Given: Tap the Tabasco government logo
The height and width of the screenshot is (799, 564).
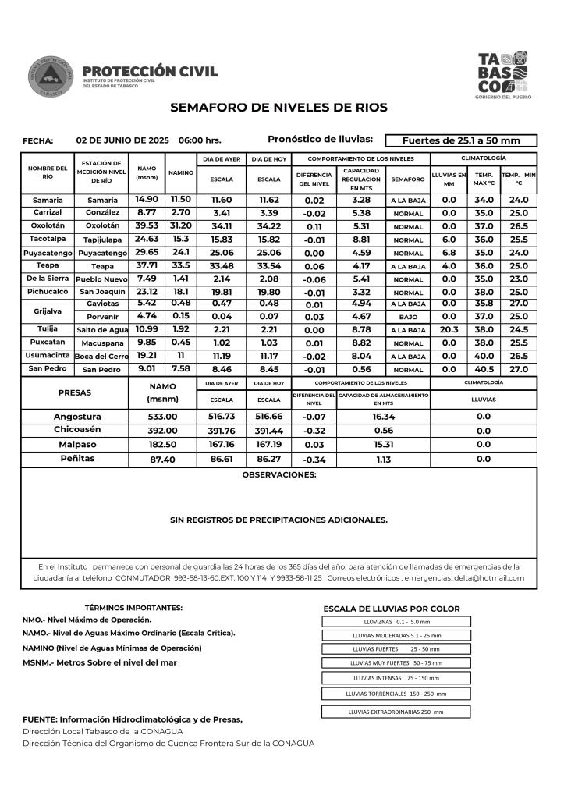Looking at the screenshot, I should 503,74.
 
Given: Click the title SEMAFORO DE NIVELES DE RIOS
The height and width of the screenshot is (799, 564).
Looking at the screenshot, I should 278,108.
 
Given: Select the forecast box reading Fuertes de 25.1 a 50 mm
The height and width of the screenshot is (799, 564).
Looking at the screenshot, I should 461,140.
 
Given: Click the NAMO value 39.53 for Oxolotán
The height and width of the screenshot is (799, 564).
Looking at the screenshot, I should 147,226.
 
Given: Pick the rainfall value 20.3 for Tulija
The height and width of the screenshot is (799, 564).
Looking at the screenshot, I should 449,330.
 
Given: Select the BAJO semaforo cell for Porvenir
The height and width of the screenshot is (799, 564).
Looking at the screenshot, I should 408,318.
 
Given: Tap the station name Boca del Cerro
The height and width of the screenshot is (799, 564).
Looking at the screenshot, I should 101,357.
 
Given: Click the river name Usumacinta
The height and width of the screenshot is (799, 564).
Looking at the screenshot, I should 48,356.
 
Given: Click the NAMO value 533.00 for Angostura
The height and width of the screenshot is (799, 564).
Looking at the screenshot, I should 163,417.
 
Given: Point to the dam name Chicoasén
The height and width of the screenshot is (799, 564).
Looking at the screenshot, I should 77,430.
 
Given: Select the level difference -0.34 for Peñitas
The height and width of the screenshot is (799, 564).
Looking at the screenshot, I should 314,460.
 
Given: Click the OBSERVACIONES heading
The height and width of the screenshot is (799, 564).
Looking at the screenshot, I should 279,474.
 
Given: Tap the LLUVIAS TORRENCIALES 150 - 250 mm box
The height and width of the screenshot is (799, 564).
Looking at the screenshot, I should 396,693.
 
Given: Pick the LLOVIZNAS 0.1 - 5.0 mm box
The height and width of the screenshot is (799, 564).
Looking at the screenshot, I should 396,622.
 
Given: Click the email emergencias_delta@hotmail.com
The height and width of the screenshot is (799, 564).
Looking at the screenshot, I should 465,578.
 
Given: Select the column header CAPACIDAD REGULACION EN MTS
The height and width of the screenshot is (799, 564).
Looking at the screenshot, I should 361,179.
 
